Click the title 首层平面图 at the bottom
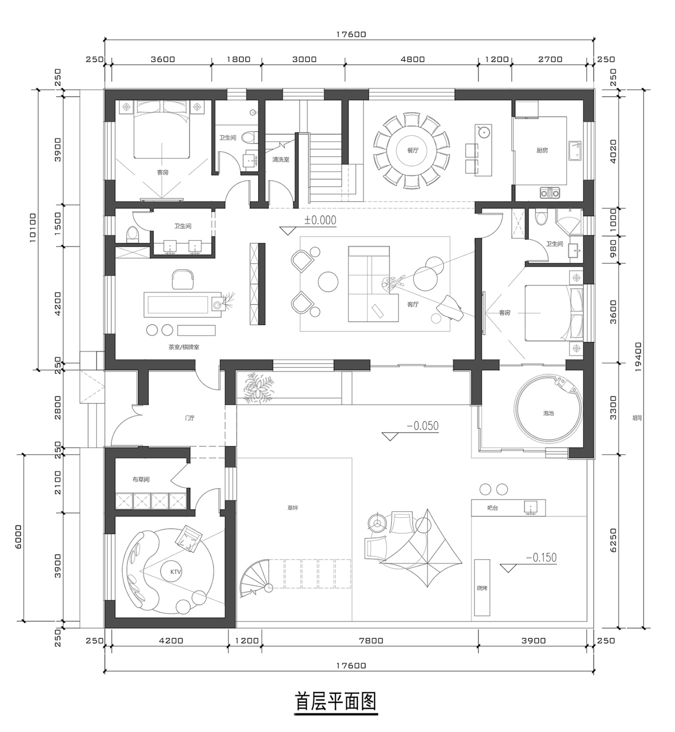click(x=336, y=701)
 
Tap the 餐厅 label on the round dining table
click(x=413, y=150)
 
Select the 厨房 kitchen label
click(x=542, y=150)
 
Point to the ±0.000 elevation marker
click(x=320, y=220)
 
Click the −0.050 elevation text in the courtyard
click(x=423, y=426)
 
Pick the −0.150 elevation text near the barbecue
click(x=541, y=558)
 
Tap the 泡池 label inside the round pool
click(x=548, y=413)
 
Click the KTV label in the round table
click(x=175, y=572)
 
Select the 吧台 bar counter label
click(x=493, y=508)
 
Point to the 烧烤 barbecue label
click(x=482, y=588)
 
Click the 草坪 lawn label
click(x=292, y=508)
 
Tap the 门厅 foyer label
click(x=190, y=418)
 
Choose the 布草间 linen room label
click(x=141, y=479)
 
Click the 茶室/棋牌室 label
click(x=184, y=347)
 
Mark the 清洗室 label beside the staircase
click(x=281, y=159)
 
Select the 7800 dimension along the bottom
click(x=371, y=641)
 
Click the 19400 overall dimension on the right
click(x=639, y=357)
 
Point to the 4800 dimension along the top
click(x=413, y=59)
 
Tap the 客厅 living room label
click(x=413, y=304)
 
